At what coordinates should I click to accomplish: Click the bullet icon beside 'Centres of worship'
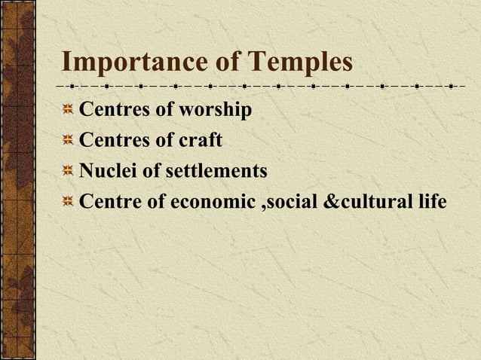coord(68,111)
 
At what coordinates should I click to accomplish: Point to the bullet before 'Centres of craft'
coord(68,141)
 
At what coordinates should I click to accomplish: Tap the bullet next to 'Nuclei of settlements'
coord(68,172)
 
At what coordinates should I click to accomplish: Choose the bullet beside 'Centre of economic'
coord(68,203)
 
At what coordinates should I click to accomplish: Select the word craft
coord(200,141)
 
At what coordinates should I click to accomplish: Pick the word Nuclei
coord(108,172)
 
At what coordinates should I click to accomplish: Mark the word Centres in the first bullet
coord(114,111)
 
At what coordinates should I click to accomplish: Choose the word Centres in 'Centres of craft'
coord(114,141)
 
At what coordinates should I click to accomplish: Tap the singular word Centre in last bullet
coord(109,203)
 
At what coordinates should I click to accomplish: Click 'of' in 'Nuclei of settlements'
coord(151,172)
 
